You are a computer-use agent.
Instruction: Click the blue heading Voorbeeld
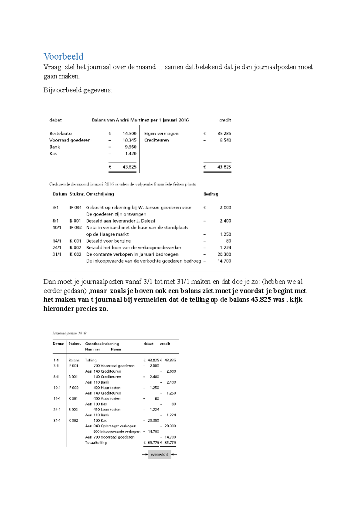(63, 56)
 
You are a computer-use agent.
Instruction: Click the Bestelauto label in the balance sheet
(61, 133)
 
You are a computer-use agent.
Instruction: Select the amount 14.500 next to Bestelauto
(129, 133)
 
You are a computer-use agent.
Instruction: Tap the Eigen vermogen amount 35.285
(224, 133)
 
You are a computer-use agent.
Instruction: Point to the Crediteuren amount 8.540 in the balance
(225, 140)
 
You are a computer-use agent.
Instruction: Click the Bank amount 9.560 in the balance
(130, 147)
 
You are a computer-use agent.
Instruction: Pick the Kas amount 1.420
(130, 153)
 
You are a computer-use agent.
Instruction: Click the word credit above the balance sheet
(225, 120)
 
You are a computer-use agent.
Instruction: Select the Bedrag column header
(211, 194)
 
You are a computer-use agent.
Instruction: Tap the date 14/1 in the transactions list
(57, 241)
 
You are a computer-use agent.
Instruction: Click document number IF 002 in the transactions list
(76, 228)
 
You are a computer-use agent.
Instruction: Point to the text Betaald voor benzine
(108, 241)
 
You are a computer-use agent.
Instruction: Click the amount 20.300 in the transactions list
(224, 254)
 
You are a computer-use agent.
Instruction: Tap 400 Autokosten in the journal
(107, 398)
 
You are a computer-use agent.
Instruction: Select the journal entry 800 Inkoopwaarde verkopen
(117, 431)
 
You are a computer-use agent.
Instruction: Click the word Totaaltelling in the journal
(96, 442)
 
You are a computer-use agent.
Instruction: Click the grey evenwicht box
(160, 454)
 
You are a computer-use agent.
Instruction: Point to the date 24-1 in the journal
(57, 409)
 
